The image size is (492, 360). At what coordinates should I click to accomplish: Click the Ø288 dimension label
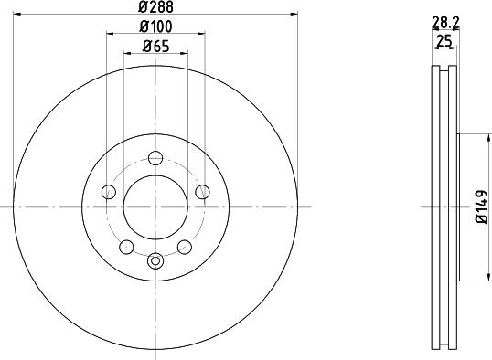click(x=155, y=7)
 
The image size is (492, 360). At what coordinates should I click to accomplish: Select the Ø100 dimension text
click(x=155, y=26)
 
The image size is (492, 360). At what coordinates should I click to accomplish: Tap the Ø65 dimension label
click(x=155, y=47)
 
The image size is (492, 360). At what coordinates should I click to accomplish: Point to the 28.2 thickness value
click(x=445, y=22)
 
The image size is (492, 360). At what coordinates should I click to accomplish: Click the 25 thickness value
click(x=444, y=41)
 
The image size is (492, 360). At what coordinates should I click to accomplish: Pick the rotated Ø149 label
click(x=482, y=207)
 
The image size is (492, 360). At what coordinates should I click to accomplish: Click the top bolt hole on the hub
click(x=155, y=158)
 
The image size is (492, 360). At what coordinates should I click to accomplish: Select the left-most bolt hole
click(x=109, y=192)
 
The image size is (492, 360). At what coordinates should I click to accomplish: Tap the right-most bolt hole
click(x=202, y=192)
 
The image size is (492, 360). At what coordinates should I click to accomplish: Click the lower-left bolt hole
click(x=126, y=247)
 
